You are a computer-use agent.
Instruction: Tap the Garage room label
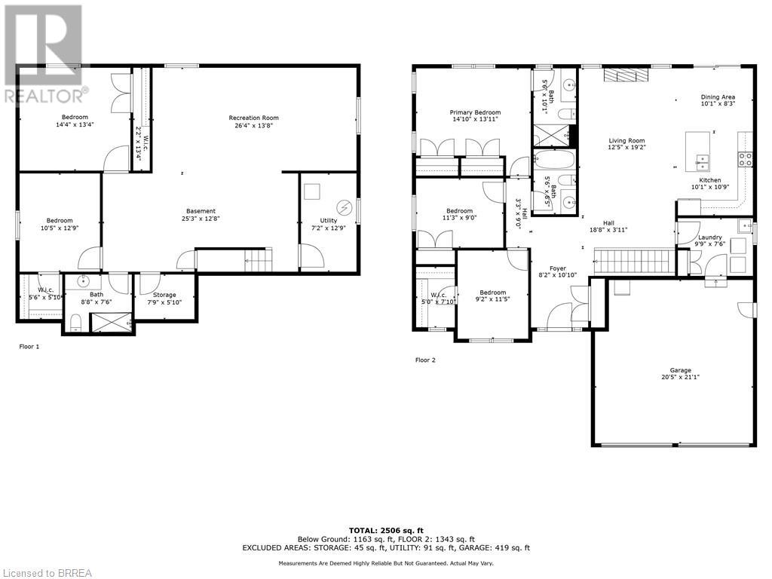click(x=680, y=370)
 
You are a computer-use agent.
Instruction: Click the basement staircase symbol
click(x=257, y=262)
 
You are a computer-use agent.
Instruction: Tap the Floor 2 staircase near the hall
click(x=633, y=262)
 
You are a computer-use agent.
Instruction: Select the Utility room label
click(x=328, y=221)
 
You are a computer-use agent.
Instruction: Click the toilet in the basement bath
click(x=75, y=323)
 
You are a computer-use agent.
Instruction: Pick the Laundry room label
click(x=709, y=237)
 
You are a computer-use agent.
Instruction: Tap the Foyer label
click(x=557, y=268)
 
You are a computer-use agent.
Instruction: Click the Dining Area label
click(x=717, y=96)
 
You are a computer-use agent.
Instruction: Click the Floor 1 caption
click(x=29, y=347)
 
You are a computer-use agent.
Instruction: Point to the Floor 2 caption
click(x=425, y=360)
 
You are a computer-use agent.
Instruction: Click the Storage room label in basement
click(x=164, y=295)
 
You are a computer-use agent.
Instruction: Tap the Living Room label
click(x=626, y=141)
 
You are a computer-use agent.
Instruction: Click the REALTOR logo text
click(x=44, y=96)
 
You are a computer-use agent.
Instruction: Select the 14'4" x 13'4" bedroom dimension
click(x=75, y=125)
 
